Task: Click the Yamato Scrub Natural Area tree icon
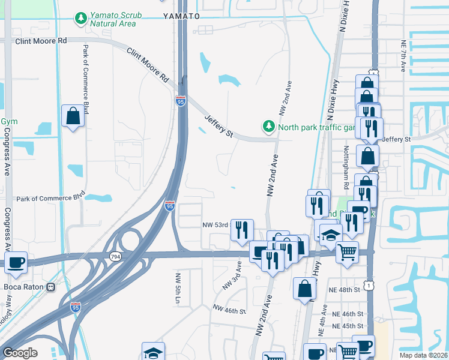click(81, 18)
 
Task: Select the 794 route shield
click(113, 256)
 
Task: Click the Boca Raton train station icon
click(52, 287)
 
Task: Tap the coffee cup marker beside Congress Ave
click(16, 262)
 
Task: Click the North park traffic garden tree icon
click(268, 127)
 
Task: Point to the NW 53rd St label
click(216, 225)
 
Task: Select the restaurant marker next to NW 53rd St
click(242, 230)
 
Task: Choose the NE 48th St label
click(345, 289)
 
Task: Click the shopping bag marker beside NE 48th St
click(305, 287)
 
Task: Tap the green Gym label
click(9, 121)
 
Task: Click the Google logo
click(20, 353)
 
